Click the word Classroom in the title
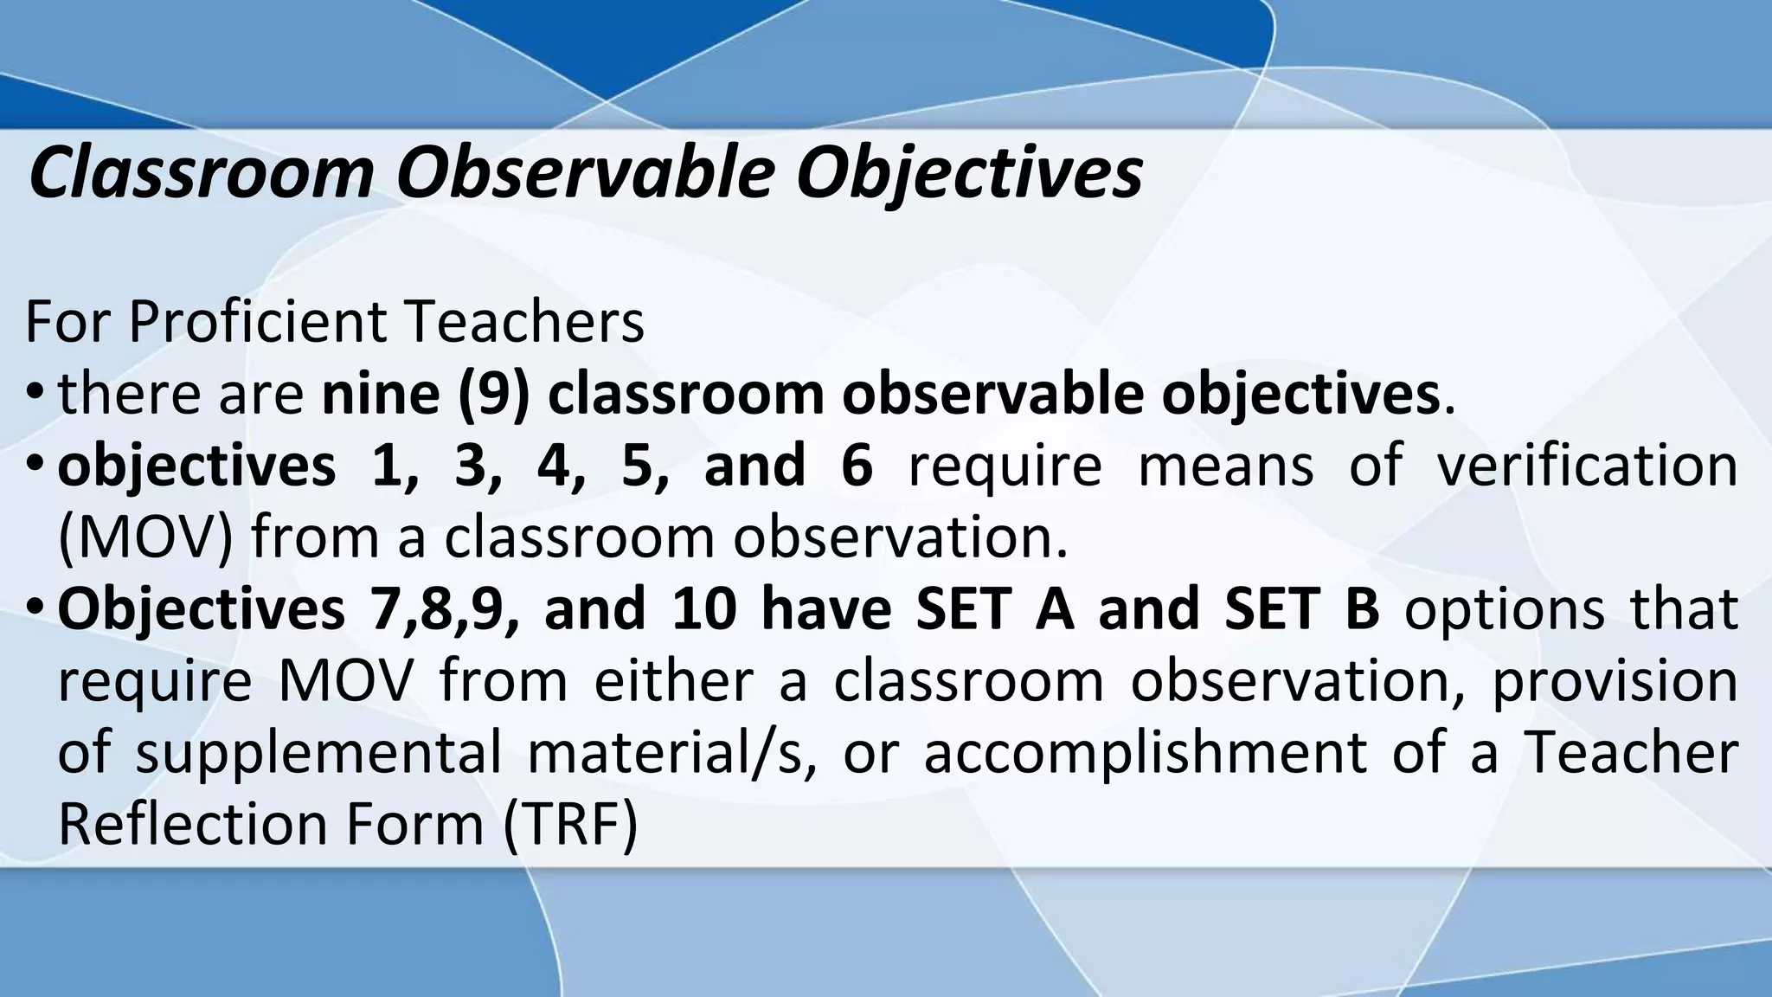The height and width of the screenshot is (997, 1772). (200, 173)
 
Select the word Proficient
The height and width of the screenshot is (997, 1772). (258, 322)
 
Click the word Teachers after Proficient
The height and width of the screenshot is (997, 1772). (524, 322)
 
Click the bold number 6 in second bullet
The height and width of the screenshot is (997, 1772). (857, 465)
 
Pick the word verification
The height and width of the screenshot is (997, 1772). (1587, 465)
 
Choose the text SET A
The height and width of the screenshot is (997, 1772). (994, 608)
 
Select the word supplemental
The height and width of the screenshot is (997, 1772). (318, 752)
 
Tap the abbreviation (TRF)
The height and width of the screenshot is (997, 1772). (570, 824)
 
